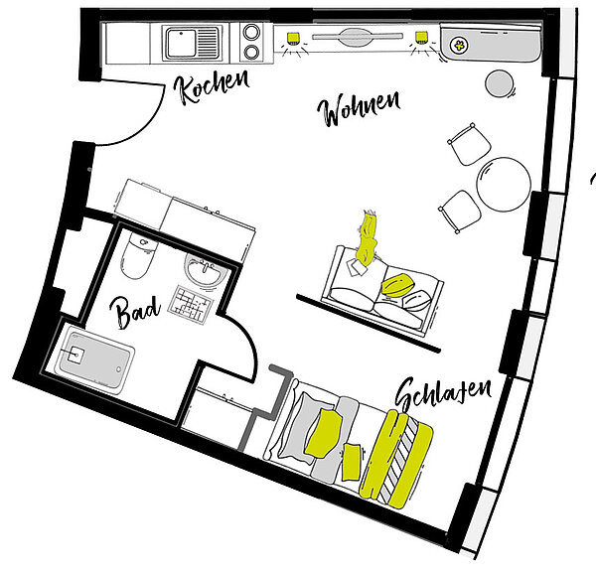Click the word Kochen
point(212,86)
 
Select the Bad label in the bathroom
point(134,311)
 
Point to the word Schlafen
point(443,393)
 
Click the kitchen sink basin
point(181,43)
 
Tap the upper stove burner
point(251,32)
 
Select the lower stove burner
point(251,52)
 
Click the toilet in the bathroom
point(138,254)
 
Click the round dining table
point(504,185)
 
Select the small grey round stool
point(500,83)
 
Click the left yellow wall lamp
point(293,37)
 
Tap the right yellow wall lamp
point(421,37)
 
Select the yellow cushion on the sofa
point(396,285)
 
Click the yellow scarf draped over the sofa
point(368,238)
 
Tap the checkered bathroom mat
point(190,305)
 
